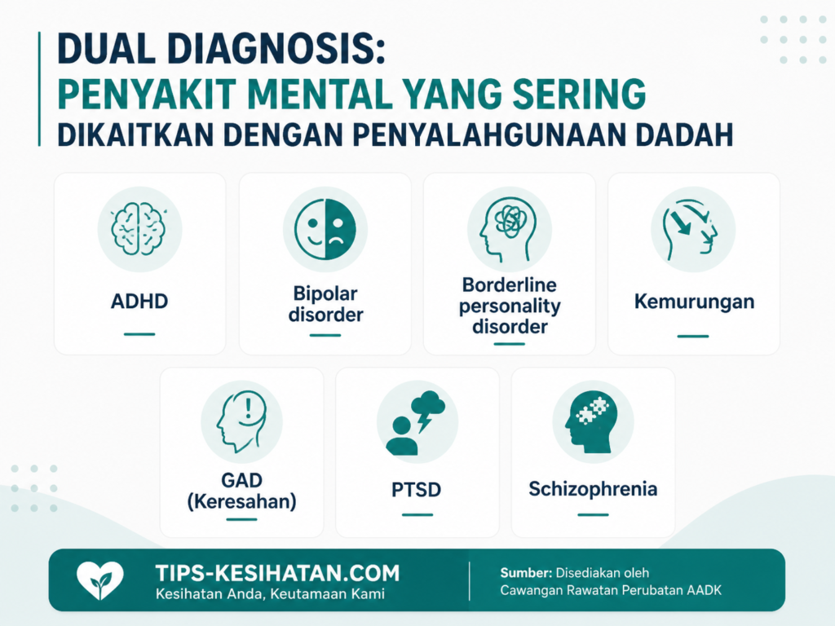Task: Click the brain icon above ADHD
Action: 139,229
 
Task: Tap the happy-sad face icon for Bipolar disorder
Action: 325,229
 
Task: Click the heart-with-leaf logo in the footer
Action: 100,580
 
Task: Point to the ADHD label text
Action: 139,302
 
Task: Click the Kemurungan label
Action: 694,302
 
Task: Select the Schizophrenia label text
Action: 593,489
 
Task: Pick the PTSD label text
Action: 416,490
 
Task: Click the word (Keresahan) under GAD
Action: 241,501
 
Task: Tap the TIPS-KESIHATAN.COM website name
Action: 277,573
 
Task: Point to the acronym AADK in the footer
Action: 704,590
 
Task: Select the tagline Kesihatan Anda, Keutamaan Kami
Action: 270,594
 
